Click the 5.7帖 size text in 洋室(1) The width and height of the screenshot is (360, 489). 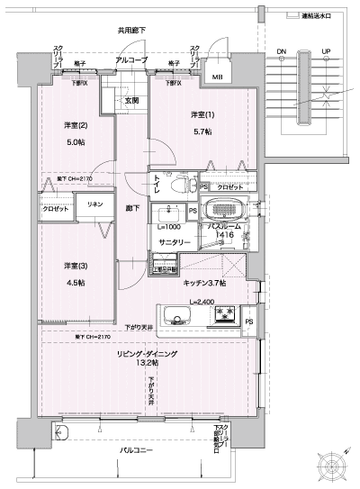pyautogui.click(x=202, y=131)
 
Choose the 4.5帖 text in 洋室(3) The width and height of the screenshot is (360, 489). pyautogui.click(x=75, y=282)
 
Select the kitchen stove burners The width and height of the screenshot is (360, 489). pyautogui.click(x=222, y=315)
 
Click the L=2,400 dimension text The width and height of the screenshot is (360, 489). pyautogui.click(x=202, y=301)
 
